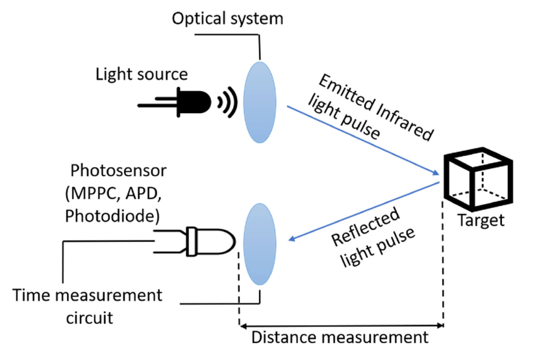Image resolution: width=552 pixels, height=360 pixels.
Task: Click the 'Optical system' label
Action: tap(227, 18)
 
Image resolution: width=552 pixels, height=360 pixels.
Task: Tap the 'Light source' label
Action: tap(142, 74)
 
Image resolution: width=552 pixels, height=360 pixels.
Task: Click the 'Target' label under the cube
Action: tap(481, 220)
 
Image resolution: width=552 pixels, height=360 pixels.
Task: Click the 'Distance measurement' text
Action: tap(340, 338)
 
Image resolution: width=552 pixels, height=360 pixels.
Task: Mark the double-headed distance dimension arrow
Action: tap(342, 324)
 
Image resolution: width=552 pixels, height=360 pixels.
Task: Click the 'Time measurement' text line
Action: tap(88, 296)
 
